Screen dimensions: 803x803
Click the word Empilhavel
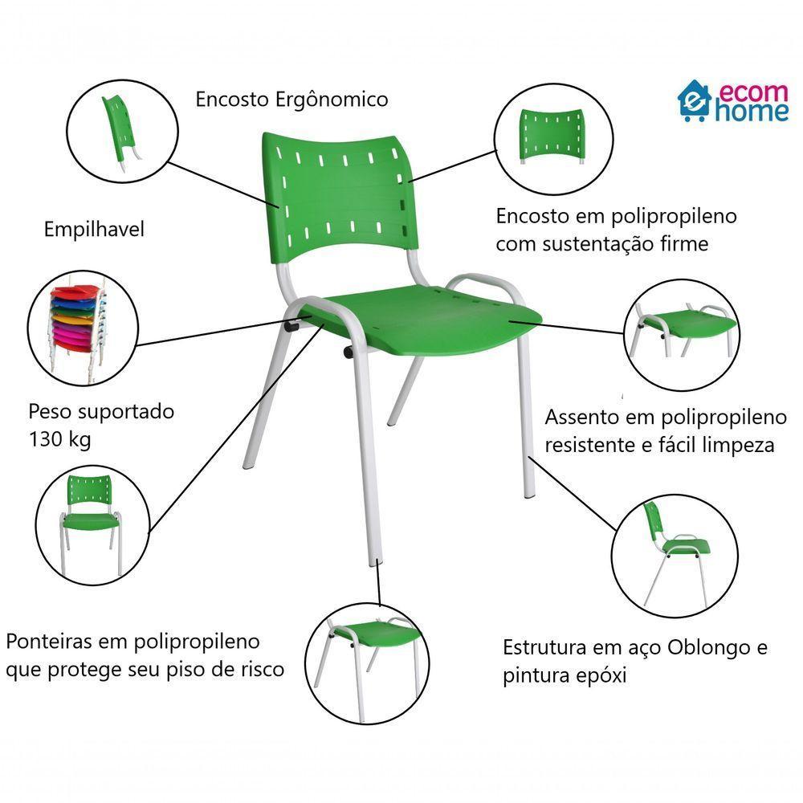[x=94, y=230]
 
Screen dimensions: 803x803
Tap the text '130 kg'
[x=60, y=439]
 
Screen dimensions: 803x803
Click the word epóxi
[x=597, y=676]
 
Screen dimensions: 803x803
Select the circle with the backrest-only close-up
[x=550, y=135]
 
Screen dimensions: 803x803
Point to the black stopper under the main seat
[x=349, y=352]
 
